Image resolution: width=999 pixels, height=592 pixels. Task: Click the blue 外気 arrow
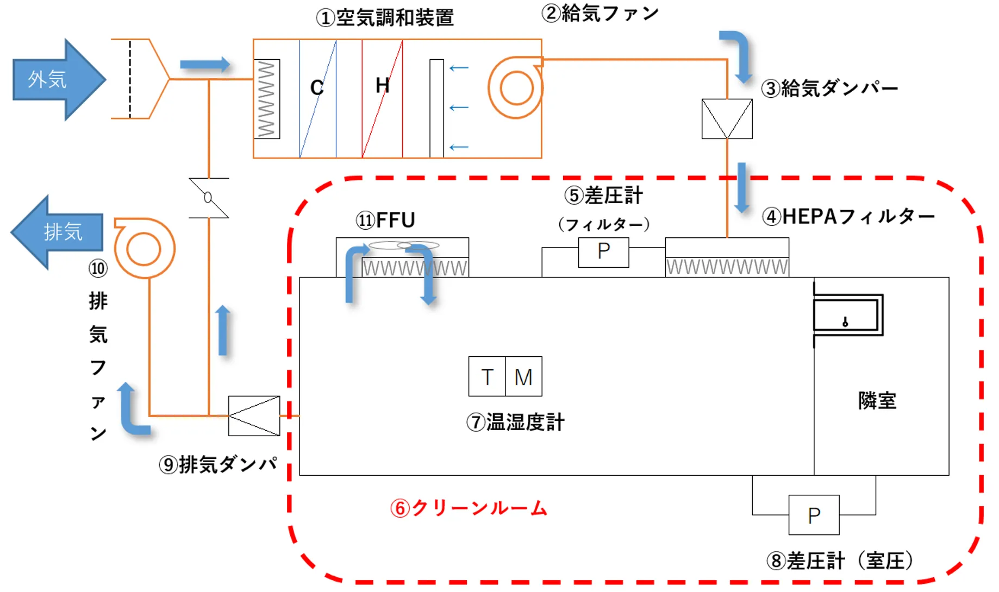[x=57, y=80]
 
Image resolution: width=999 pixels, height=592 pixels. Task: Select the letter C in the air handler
[x=317, y=87]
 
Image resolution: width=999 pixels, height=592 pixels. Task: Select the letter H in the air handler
[x=382, y=85]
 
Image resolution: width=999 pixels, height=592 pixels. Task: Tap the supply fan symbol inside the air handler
[x=515, y=88]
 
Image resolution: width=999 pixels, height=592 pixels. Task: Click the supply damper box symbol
[x=727, y=119]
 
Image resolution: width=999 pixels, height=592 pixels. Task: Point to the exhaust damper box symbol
[x=254, y=416]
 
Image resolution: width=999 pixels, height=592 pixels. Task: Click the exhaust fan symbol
[x=144, y=249]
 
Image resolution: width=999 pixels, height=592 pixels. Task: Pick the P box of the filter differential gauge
[x=603, y=252]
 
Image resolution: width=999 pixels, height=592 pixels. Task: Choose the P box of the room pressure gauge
[x=814, y=515]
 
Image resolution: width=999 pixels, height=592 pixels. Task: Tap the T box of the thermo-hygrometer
[x=487, y=376]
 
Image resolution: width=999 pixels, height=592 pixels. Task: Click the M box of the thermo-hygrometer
[x=523, y=376]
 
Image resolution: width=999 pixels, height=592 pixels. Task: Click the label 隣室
[x=877, y=400]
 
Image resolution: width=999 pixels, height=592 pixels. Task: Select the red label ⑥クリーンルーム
[x=469, y=508]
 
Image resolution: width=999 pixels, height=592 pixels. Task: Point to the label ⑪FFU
[x=385, y=221]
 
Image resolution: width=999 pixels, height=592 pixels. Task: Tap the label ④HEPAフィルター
[x=848, y=217]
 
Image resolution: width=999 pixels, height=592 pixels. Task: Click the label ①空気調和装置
[x=385, y=18]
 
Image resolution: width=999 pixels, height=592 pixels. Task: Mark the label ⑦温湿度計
[x=515, y=422]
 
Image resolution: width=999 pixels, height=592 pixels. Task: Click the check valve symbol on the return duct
[x=209, y=198]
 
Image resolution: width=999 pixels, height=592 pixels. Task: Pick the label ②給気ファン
[x=600, y=13]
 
